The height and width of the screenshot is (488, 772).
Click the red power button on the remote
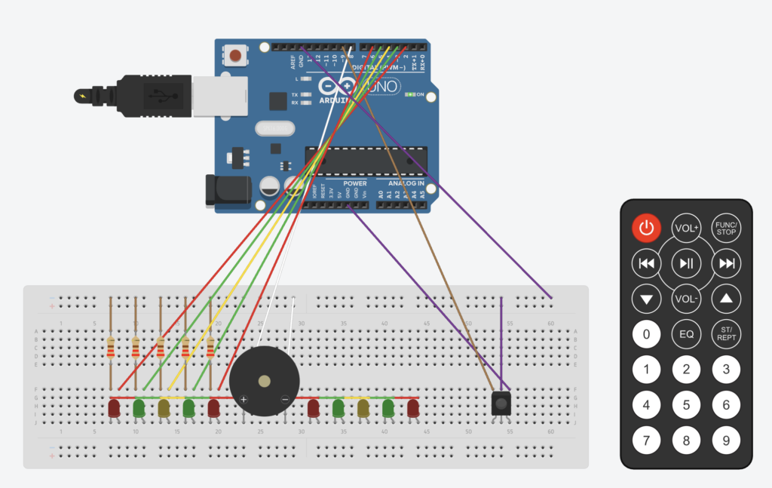646,227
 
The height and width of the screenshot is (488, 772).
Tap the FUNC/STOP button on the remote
726,227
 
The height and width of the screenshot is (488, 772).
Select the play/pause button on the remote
686,262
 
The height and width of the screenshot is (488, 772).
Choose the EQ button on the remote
686,333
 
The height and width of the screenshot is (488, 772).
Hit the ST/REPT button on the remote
726,333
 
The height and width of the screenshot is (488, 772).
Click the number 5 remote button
686,405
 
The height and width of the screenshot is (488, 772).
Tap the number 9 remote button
726,440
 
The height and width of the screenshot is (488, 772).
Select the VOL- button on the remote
686,298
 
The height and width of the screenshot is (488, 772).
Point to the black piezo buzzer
263,382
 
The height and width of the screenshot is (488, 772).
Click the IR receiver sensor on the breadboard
501,403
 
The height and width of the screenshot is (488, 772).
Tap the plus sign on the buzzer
243,398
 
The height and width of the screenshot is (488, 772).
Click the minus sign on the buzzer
284,398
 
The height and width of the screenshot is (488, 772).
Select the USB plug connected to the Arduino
151,96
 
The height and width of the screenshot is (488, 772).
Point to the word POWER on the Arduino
354,183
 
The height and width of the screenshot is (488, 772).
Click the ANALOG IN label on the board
406,183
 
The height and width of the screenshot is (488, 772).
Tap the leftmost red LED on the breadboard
114,408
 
